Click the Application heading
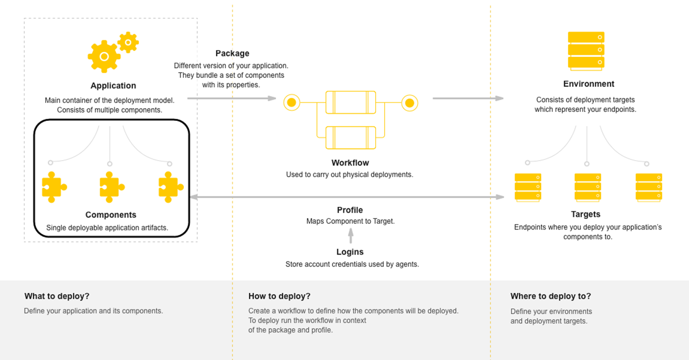pos(113,86)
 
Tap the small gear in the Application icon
pos(128,42)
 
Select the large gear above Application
pos(104,56)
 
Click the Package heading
pos(232,54)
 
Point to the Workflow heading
pos(350,163)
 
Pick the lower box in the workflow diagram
pos(350,137)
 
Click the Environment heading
pos(588,84)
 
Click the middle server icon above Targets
pos(587,187)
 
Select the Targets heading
pos(586,214)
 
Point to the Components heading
pos(111,215)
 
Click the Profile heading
pos(350,210)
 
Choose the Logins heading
pos(350,252)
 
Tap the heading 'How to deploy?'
pos(279,296)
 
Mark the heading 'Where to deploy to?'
pos(550,296)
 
